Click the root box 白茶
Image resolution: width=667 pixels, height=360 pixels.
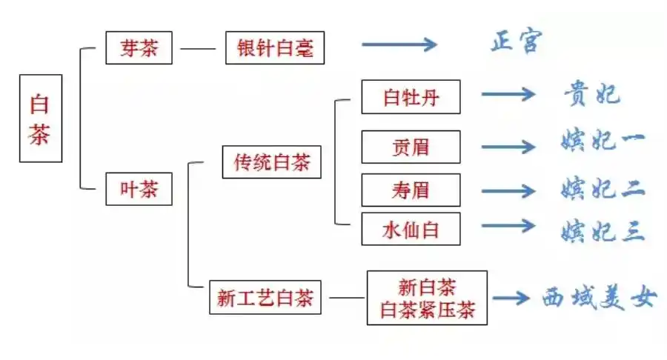[x=40, y=119]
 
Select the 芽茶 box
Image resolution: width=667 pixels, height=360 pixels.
[x=139, y=49]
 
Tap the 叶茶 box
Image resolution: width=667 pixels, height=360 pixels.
[x=139, y=189]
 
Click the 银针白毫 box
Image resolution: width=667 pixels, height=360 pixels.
[x=274, y=49]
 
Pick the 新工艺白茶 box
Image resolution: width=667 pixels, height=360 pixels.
[x=265, y=298]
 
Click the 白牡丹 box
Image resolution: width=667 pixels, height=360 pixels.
[x=411, y=97]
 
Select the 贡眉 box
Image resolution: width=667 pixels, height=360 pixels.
[x=411, y=147]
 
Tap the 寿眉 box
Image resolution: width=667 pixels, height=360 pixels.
[x=411, y=190]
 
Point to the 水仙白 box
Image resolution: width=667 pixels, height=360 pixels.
[x=411, y=229]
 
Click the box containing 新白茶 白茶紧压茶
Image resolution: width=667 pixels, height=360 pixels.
[x=427, y=298]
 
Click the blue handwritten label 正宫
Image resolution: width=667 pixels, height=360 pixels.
[x=516, y=42]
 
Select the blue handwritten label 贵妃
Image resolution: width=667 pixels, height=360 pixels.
[x=591, y=94]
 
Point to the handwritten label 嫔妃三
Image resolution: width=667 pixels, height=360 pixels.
[x=602, y=230]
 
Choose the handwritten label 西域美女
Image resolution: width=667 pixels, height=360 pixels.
[x=599, y=298]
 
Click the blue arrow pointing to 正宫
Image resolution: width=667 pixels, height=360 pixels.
[x=399, y=44]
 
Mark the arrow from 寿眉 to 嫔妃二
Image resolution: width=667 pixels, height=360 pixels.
[x=508, y=190]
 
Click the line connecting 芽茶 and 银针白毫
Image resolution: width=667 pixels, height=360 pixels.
[x=199, y=50]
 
